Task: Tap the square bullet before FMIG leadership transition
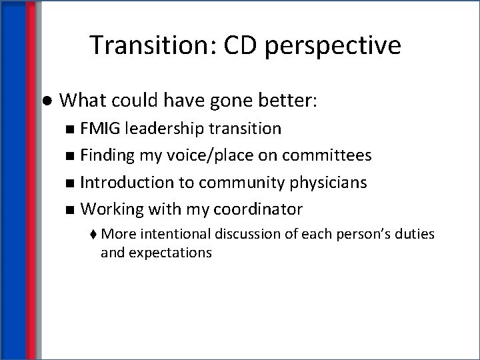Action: (x=71, y=128)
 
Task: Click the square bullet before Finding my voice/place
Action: (x=71, y=155)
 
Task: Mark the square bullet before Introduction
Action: (x=71, y=183)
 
